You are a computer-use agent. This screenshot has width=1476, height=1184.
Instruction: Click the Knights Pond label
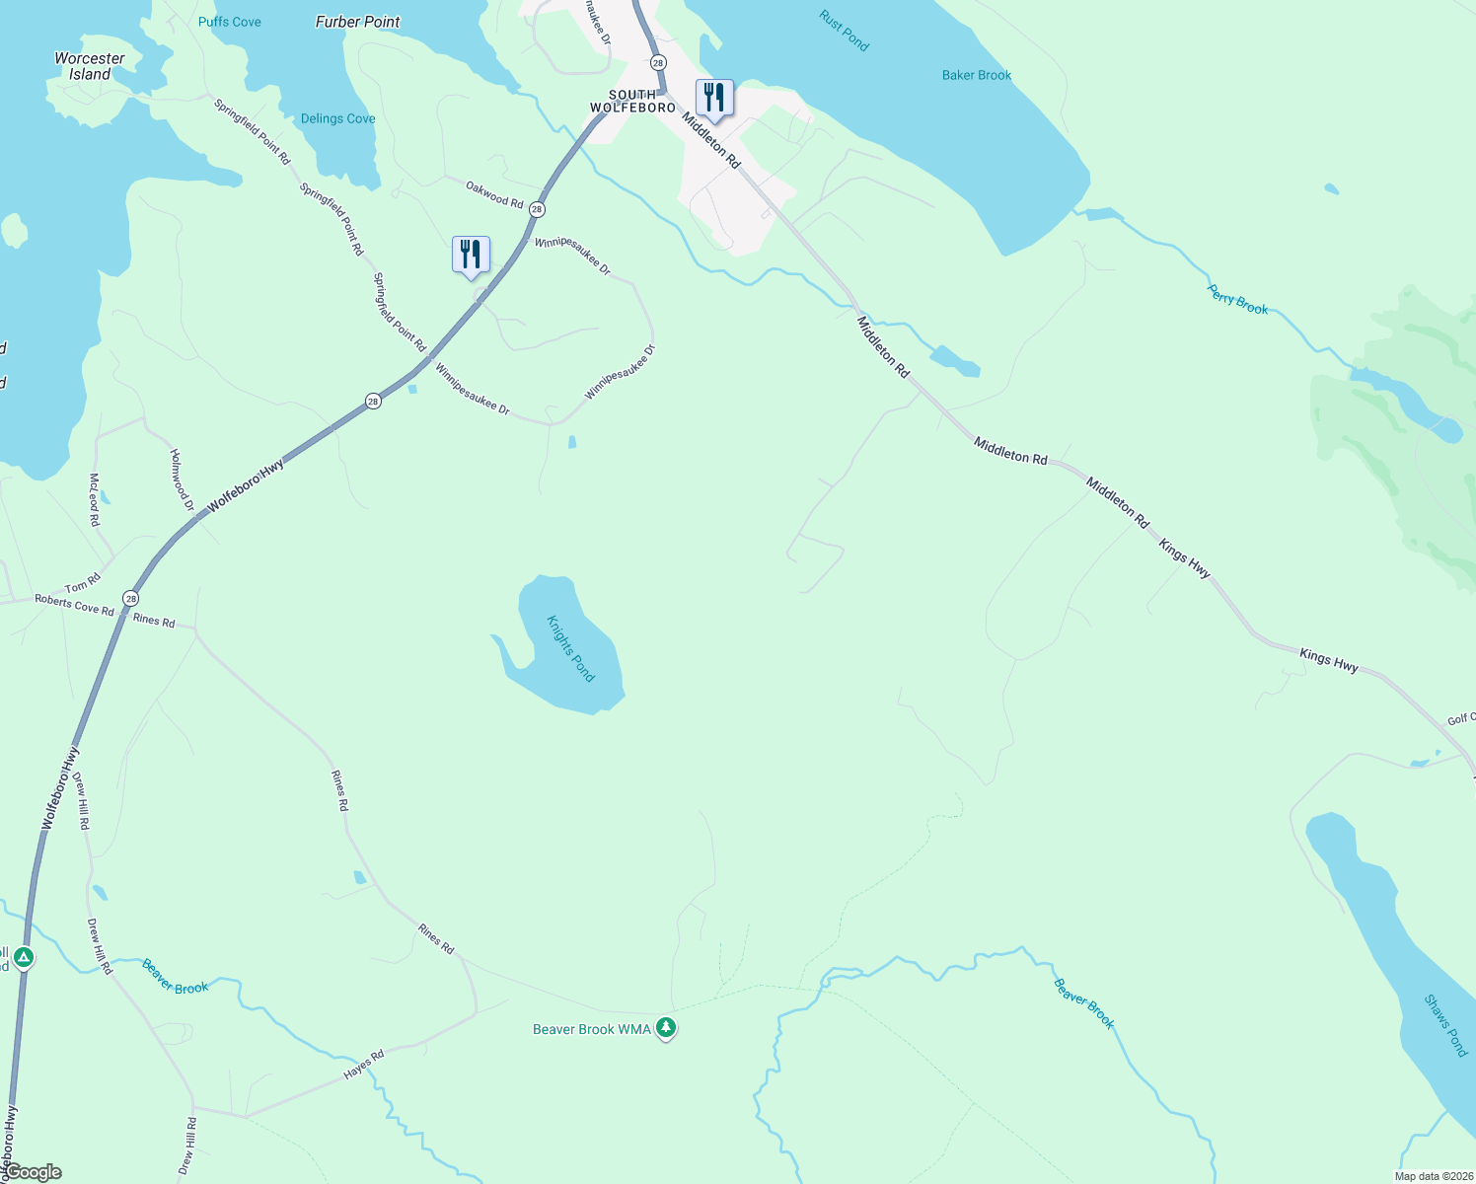click(x=571, y=648)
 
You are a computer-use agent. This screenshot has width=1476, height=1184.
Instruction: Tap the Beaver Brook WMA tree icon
click(x=666, y=1028)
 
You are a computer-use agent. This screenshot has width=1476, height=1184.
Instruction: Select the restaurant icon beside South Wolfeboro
click(x=714, y=98)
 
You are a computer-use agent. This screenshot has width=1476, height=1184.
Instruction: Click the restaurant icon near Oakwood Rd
click(x=471, y=255)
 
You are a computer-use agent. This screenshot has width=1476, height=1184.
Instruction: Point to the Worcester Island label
click(x=90, y=66)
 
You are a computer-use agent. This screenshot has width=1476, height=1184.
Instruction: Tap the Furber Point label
click(x=357, y=22)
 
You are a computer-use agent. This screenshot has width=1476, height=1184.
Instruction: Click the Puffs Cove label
click(x=230, y=22)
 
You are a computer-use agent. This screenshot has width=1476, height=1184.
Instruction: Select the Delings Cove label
click(x=337, y=118)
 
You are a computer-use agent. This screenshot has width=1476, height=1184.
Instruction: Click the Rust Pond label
click(x=844, y=31)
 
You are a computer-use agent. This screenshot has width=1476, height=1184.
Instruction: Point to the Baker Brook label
click(x=977, y=75)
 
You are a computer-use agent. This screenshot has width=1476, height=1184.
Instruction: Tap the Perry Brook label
click(x=1237, y=300)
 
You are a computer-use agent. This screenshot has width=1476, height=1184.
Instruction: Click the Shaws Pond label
click(x=1445, y=1025)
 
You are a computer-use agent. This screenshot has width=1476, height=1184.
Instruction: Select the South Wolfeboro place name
click(x=632, y=102)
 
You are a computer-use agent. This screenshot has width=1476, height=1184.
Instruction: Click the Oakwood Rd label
click(x=494, y=194)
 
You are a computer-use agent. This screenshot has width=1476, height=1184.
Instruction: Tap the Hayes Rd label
click(x=364, y=1065)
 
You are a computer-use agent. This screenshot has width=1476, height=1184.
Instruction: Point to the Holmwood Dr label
click(x=182, y=480)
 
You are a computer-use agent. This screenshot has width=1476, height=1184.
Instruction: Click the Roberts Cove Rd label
click(x=74, y=605)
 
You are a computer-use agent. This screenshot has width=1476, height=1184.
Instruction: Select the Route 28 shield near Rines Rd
click(x=131, y=599)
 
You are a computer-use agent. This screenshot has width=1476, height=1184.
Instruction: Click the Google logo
click(x=33, y=1172)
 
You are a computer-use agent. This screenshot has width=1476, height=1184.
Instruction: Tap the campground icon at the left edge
click(x=23, y=957)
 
